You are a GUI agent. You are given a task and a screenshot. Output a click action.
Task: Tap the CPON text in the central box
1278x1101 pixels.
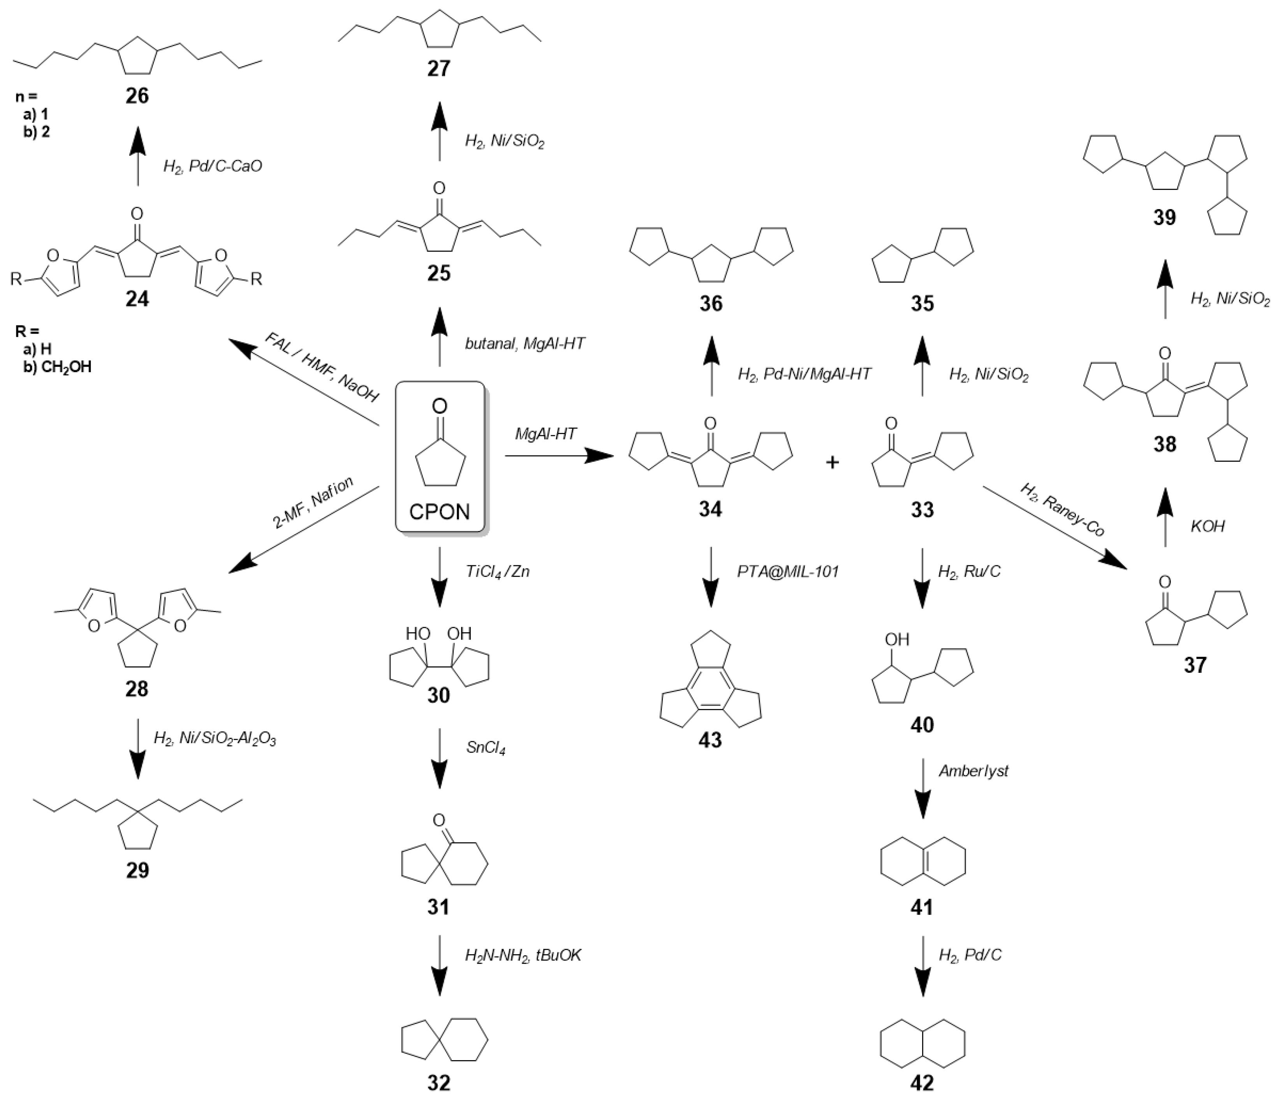coord(439,511)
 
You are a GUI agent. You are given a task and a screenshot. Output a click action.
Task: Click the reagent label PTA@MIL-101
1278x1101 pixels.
coord(788,572)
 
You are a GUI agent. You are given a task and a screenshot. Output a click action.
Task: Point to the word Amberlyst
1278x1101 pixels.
coord(973,771)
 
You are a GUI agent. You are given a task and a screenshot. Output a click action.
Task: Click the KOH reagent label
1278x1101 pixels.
coord(1208,526)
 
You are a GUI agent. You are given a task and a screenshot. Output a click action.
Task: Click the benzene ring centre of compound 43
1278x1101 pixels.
coord(711,683)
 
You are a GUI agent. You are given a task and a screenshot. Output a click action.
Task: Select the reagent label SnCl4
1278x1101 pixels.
coord(486,749)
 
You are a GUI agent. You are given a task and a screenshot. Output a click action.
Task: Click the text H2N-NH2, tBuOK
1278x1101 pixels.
coord(523,955)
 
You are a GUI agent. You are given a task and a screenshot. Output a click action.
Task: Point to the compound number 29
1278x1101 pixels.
coord(137,870)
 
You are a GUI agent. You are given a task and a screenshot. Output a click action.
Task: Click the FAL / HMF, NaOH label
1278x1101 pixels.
coord(321,368)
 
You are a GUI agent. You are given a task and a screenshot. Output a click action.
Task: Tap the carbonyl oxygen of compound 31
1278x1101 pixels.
coord(438,820)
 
